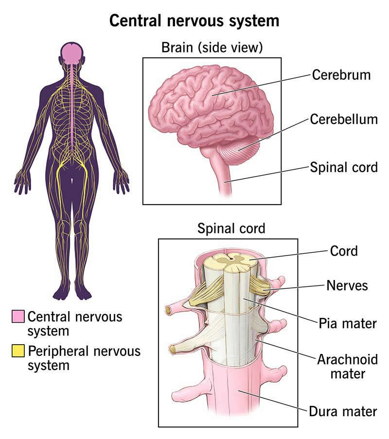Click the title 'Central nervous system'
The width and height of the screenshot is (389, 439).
pyautogui.click(x=194, y=21)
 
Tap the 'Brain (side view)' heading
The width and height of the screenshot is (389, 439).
pyautogui.click(x=212, y=48)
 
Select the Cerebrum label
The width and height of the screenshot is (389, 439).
pyautogui.click(x=341, y=75)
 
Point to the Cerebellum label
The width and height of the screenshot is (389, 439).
pyautogui.click(x=344, y=120)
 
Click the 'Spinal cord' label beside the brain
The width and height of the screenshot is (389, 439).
pyautogui.click(x=344, y=167)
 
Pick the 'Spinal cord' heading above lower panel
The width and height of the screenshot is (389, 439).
pyautogui.click(x=231, y=228)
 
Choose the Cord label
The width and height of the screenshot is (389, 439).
pyautogui.click(x=343, y=251)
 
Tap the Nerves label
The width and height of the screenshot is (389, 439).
pyautogui.click(x=347, y=285)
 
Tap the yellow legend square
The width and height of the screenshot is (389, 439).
pyautogui.click(x=18, y=350)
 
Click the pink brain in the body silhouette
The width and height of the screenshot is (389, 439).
pyautogui.click(x=71, y=52)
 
